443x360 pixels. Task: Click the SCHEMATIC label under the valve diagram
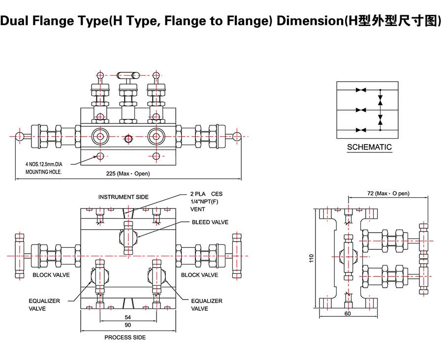pos(369,147)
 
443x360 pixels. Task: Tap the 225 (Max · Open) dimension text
pos(128,174)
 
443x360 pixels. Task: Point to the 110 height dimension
pos(311,259)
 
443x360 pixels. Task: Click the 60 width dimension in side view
pos(348,313)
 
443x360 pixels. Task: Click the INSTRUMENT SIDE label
pos(123,197)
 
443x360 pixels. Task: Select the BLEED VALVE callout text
pos(210,222)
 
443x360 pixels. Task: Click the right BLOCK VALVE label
pos(199,275)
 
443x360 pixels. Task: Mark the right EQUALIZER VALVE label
pos(206,304)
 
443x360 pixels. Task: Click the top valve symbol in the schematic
pos(361,90)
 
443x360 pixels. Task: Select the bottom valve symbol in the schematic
pos(361,129)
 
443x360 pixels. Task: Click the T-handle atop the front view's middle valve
pos(127,75)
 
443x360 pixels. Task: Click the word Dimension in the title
pos(307,21)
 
